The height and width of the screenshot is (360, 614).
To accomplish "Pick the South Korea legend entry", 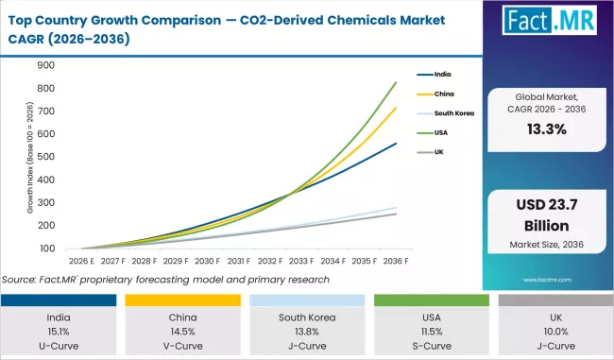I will pyautogui.click(x=453, y=112).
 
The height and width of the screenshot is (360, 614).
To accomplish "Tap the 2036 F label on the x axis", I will pyautogui.click(x=395, y=261).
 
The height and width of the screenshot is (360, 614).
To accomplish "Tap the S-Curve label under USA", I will pyautogui.click(x=429, y=346).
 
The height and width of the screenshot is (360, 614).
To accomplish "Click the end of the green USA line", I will pyautogui.click(x=395, y=82).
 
